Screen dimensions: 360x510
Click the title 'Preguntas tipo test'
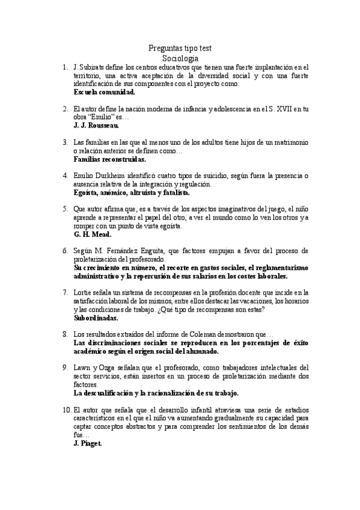click(x=180, y=48)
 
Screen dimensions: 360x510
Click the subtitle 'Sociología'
click(x=180, y=58)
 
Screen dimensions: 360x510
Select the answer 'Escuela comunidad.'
click(x=104, y=93)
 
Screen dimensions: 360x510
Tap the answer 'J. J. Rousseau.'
click(x=96, y=126)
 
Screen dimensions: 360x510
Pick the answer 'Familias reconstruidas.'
click(x=110, y=160)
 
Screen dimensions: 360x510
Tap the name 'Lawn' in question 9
click(x=82, y=367)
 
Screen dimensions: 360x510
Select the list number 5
click(x=65, y=209)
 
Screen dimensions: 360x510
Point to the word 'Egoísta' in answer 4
click(x=87, y=193)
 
